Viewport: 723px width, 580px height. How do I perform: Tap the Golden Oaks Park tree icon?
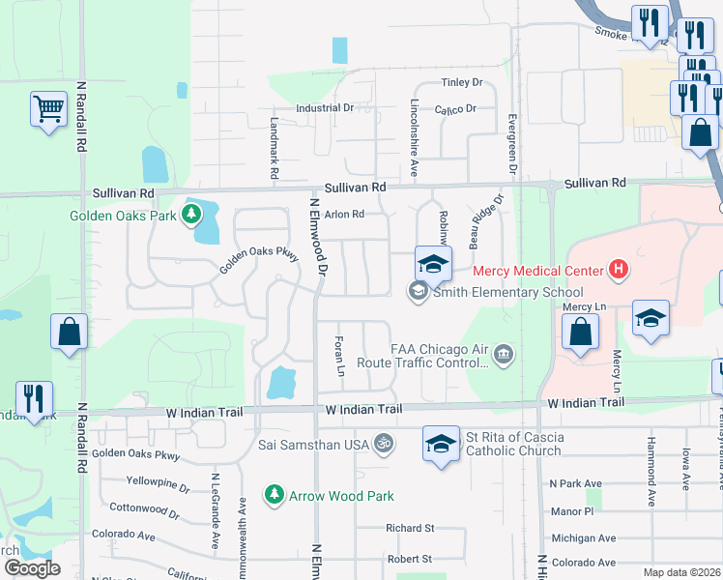tap(193, 214)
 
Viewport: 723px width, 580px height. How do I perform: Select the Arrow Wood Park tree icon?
tap(275, 495)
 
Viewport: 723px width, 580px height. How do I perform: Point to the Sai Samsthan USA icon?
tap(385, 443)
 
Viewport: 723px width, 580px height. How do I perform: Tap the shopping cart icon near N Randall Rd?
tap(48, 109)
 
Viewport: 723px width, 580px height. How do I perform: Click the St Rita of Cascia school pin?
tap(441, 445)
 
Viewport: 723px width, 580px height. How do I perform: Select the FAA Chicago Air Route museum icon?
tap(503, 355)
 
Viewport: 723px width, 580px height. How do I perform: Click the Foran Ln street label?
tap(339, 356)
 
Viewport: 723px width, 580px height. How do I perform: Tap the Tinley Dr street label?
tap(461, 83)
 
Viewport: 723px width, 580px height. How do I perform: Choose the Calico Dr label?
tap(455, 109)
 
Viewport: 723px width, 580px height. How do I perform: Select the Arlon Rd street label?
tap(344, 215)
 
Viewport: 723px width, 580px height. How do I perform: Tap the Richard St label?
tap(410, 529)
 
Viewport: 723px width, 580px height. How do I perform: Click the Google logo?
tap(32, 568)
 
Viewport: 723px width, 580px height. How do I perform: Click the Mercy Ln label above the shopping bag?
tap(583, 306)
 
